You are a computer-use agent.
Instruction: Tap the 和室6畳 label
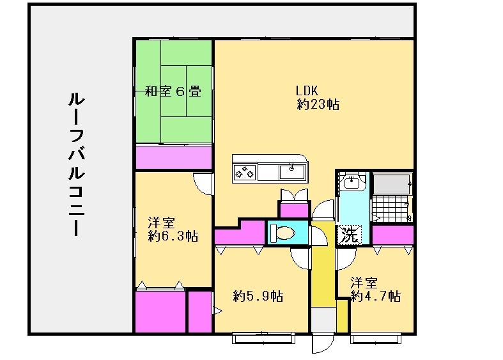click(x=173, y=91)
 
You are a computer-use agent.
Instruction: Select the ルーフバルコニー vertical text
click(x=76, y=164)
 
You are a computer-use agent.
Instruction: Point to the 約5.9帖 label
click(x=258, y=296)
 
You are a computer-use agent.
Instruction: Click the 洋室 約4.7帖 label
click(x=375, y=290)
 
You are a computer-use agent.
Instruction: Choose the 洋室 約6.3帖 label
click(x=173, y=230)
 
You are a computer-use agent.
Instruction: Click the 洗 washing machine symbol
click(x=350, y=234)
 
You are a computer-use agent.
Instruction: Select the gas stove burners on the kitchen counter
click(x=245, y=171)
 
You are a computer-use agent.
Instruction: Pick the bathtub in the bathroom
click(x=391, y=184)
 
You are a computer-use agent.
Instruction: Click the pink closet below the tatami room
click(x=173, y=157)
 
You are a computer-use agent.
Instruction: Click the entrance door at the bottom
click(x=323, y=340)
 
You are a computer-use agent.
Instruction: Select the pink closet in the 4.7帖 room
click(x=392, y=235)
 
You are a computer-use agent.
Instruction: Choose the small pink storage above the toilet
click(x=293, y=209)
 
